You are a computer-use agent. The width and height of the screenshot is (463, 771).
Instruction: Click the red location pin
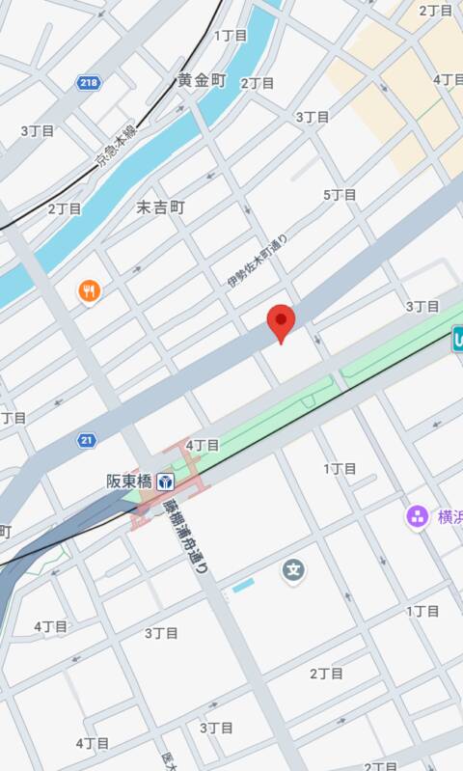tap(280, 322)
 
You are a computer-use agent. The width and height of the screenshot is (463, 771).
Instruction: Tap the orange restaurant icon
tap(89, 289)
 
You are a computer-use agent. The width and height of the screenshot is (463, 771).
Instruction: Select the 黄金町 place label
tap(202, 80)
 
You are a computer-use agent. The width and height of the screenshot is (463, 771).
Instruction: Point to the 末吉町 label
tap(159, 207)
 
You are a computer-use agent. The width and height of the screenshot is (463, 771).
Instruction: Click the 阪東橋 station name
tap(129, 481)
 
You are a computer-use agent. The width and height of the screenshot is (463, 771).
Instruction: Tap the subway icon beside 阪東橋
tap(166, 481)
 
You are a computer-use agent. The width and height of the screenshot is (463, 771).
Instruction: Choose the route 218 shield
tap(90, 84)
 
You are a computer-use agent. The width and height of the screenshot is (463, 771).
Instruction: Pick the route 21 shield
tap(87, 440)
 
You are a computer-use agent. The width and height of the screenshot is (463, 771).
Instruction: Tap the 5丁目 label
tap(340, 195)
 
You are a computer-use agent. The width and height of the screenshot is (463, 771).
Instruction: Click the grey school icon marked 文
tap(293, 570)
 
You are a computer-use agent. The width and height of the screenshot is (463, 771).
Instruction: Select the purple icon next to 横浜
tap(418, 516)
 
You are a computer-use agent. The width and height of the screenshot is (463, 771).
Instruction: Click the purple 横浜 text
tap(449, 516)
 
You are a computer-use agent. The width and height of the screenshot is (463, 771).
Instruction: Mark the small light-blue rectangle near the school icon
tap(243, 585)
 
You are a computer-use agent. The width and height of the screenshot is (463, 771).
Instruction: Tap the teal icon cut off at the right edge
tap(457, 337)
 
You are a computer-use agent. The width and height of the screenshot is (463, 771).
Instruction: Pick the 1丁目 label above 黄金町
tap(231, 36)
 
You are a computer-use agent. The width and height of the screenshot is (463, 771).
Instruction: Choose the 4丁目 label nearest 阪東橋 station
tap(203, 445)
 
